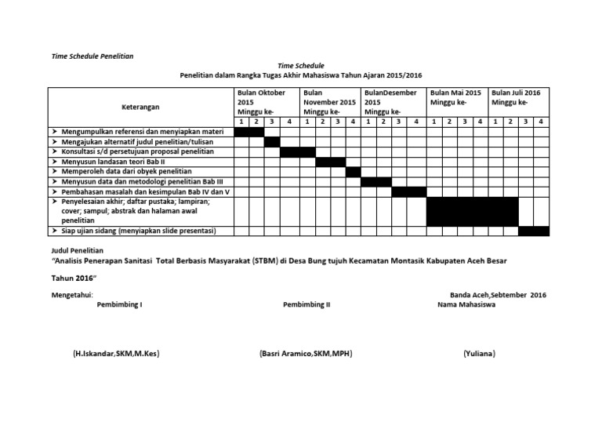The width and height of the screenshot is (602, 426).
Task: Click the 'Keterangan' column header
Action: click(140, 106)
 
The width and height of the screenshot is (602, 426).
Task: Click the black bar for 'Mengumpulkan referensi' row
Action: click(249, 131)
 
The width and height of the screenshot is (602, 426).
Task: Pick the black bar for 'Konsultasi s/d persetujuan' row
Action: click(297, 151)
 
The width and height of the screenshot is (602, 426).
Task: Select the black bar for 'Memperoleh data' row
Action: click(353, 172)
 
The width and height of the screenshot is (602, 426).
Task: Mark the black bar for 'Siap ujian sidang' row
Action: click(533, 231)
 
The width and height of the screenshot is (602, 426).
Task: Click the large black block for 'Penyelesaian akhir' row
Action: click(472, 211)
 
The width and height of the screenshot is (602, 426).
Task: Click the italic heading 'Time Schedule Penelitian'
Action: click(92, 56)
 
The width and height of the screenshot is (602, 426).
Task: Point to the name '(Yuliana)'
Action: click(479, 354)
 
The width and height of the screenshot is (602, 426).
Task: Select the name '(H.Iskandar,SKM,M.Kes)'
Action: click(116, 354)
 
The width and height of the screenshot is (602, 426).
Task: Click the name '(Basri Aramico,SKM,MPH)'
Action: click(305, 354)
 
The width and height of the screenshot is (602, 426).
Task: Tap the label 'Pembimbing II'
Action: click(306, 305)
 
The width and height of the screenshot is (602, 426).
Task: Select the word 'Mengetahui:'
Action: click(71, 294)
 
